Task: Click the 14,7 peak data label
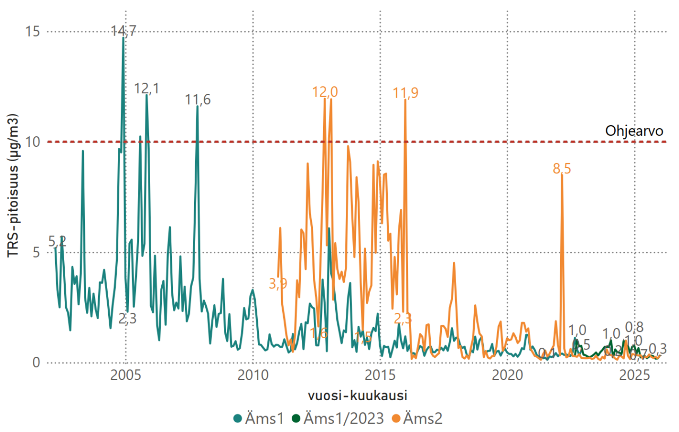coord(124,31)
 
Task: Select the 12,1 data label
coord(146,89)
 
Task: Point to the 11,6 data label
coord(198,99)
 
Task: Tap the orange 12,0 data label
coord(325,92)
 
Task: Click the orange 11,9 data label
coord(405,93)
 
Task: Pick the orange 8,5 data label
coord(562,169)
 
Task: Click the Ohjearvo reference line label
coord(634,131)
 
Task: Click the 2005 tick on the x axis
coord(126,376)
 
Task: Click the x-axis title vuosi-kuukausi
coord(354,396)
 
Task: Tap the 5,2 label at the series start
coord(57,241)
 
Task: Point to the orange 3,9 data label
coord(278,284)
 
